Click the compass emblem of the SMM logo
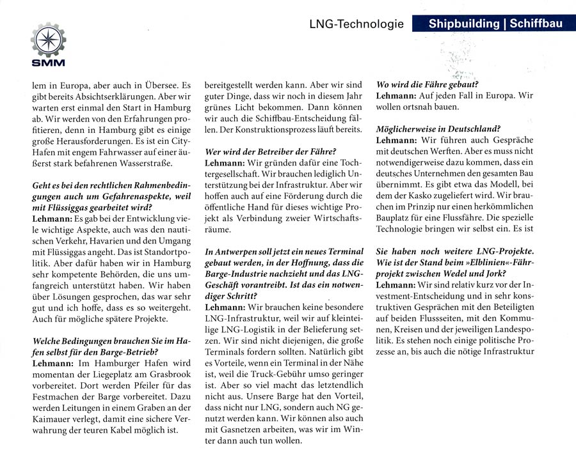click(48, 40)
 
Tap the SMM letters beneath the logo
click(48, 63)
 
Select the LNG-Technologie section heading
click(356, 24)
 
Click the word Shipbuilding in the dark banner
click(463, 24)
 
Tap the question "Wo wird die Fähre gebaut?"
click(428, 84)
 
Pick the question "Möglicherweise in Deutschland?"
click(438, 128)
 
